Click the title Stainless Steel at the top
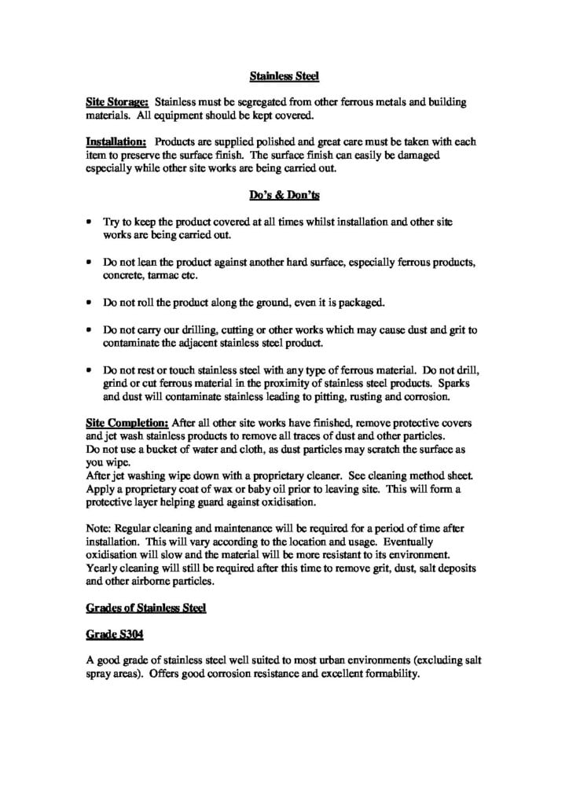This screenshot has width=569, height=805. (284, 76)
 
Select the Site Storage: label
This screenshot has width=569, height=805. (117, 102)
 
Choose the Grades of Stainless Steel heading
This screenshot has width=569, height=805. (145, 608)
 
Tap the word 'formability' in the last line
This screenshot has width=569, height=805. (385, 674)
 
